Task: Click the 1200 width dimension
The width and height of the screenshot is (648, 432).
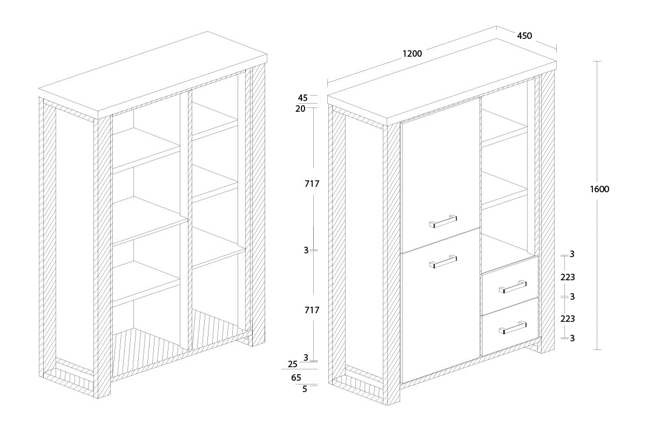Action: click(x=412, y=53)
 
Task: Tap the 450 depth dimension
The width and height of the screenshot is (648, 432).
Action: click(x=524, y=36)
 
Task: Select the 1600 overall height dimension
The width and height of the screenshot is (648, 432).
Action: click(x=599, y=189)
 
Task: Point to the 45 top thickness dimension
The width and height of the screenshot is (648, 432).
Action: click(x=302, y=98)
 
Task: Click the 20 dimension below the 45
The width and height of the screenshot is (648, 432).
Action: click(x=301, y=109)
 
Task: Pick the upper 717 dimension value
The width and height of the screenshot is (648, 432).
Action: click(x=312, y=184)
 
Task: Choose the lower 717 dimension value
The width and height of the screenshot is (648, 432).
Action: click(x=312, y=310)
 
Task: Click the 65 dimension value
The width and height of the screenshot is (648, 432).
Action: click(x=296, y=377)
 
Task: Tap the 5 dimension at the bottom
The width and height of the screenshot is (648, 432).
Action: click(x=305, y=388)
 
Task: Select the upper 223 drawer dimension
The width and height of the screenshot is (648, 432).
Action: click(x=568, y=277)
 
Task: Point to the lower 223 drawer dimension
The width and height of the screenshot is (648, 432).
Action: click(x=568, y=319)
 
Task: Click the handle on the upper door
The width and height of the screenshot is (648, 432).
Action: click(x=443, y=221)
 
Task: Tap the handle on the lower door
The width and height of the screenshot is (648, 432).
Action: click(x=443, y=262)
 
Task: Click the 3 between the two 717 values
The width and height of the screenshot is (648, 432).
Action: click(x=306, y=250)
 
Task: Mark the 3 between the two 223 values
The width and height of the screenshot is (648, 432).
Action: click(x=572, y=296)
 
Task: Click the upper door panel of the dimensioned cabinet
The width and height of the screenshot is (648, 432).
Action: click(x=440, y=173)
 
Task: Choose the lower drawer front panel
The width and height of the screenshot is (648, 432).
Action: click(x=510, y=327)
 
